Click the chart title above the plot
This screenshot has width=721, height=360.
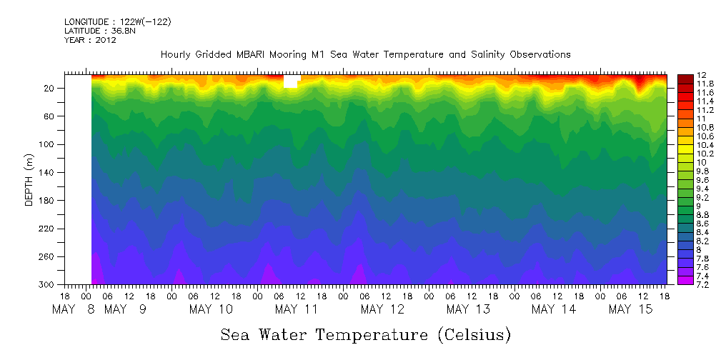[x=365, y=54]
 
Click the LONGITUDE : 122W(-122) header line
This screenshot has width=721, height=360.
[x=118, y=22]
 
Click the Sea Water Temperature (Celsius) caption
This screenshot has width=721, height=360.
[x=365, y=334]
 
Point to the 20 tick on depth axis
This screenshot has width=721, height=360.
[x=50, y=88]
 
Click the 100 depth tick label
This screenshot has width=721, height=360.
[x=48, y=144]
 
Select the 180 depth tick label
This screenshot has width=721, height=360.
[x=48, y=200]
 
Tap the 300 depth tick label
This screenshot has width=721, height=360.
[x=48, y=284]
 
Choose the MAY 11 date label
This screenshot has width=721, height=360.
[x=296, y=309]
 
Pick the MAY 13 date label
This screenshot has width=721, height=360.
[x=467, y=309]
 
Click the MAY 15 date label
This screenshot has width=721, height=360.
[x=629, y=309]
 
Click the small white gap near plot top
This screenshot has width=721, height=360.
[x=290, y=81]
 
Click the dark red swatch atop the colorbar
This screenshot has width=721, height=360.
[x=685, y=77]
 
